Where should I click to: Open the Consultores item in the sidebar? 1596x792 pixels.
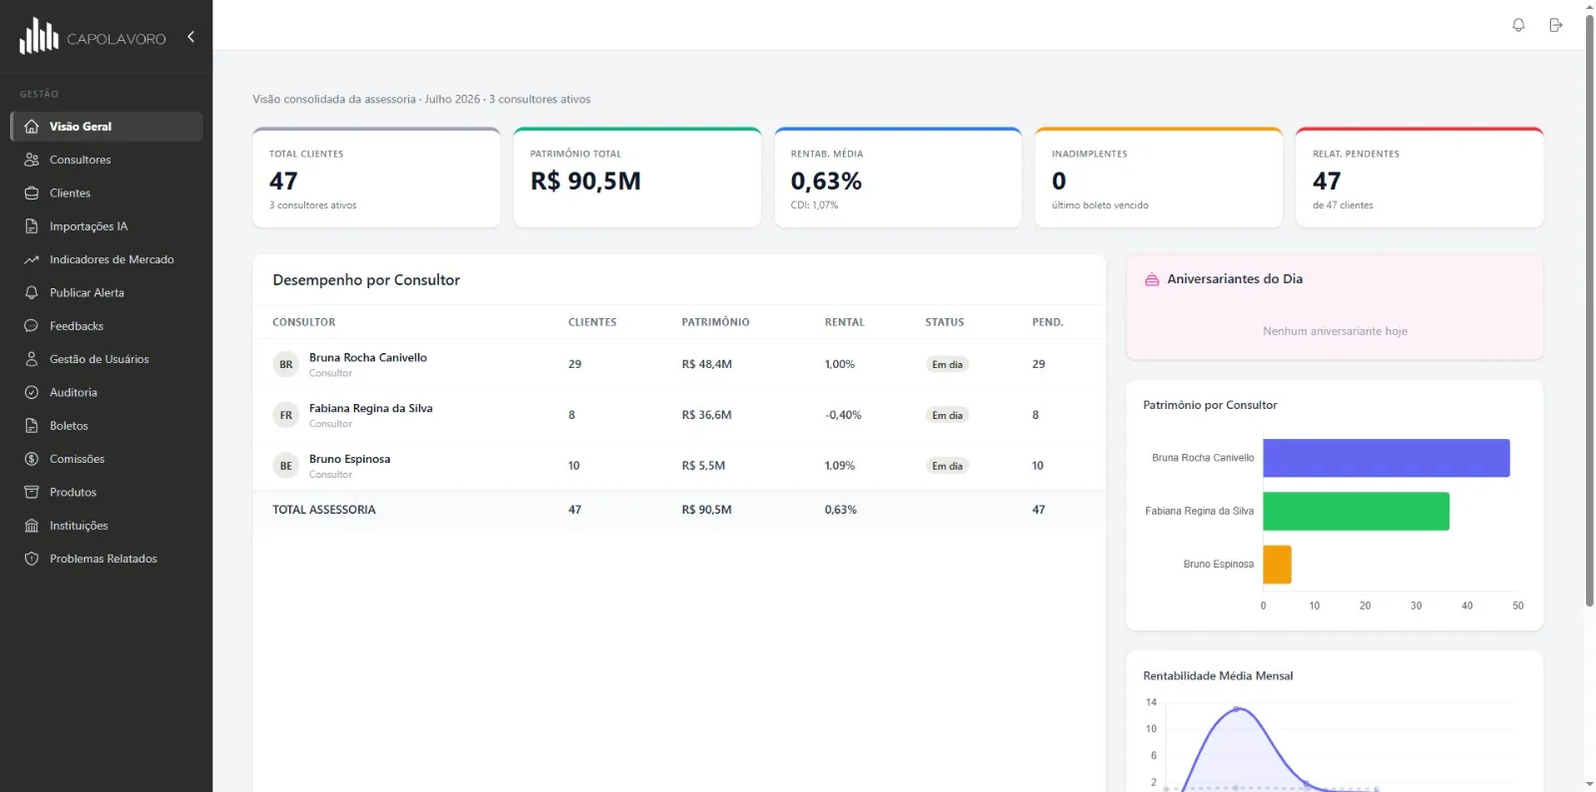80,160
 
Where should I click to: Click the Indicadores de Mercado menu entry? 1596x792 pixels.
111,259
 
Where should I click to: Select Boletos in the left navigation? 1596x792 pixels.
69,425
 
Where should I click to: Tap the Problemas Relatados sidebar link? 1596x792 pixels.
103,559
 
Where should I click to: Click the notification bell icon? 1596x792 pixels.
1518,25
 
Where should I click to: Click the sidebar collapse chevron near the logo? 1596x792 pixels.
191,36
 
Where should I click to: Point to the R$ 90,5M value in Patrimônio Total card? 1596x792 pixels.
585,181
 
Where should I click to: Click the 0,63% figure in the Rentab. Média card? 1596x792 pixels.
826,181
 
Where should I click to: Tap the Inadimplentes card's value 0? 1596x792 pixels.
1058,181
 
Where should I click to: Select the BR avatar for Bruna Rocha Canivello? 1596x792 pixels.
285,364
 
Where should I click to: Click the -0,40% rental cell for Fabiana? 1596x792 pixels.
843,415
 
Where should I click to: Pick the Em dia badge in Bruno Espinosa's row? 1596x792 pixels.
947,466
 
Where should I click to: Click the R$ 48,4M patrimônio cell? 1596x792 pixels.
706,364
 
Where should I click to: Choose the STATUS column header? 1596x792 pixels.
944,322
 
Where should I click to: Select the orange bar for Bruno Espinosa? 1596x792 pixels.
1277,565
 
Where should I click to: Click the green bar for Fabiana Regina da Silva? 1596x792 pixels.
1356,511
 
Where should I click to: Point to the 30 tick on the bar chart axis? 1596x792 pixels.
1415,605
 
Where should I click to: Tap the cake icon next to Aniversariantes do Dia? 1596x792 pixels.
1151,279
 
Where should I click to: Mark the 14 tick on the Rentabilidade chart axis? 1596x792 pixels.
1151,702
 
